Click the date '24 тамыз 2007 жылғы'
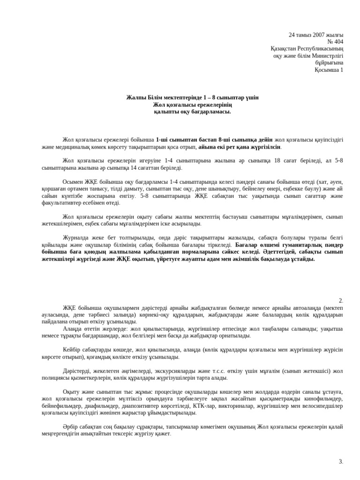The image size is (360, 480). click(x=316, y=35)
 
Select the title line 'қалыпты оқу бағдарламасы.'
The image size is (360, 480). click(x=192, y=112)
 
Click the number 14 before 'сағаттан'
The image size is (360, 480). click(x=139, y=167)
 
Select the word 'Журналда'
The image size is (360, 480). click(x=75, y=237)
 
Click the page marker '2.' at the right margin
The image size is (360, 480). click(x=341, y=300)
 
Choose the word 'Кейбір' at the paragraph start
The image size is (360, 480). click(x=72, y=349)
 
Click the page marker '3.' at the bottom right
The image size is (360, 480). click(x=341, y=462)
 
